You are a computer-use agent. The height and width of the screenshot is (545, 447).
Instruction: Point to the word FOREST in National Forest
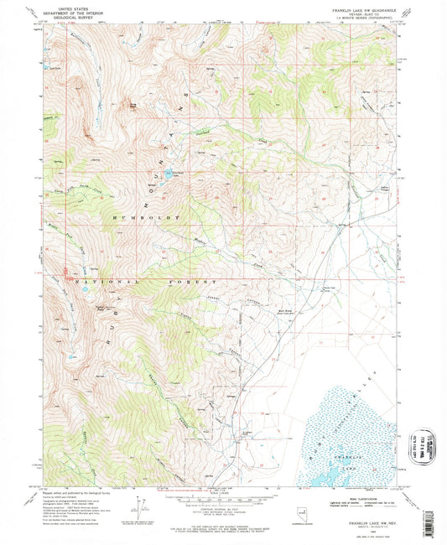[x=195, y=283]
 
